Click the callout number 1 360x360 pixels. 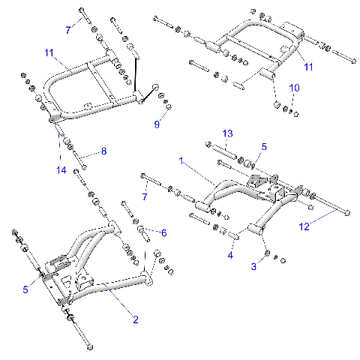(x=180, y=160)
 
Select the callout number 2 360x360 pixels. (x=135, y=320)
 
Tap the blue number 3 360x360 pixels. (x=254, y=266)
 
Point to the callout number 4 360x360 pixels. (x=231, y=256)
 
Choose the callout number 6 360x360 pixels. (x=163, y=232)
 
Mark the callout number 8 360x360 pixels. (x=104, y=151)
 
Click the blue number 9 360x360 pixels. (x=157, y=124)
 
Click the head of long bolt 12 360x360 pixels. (x=348, y=212)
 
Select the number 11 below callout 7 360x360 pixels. (x=49, y=52)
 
